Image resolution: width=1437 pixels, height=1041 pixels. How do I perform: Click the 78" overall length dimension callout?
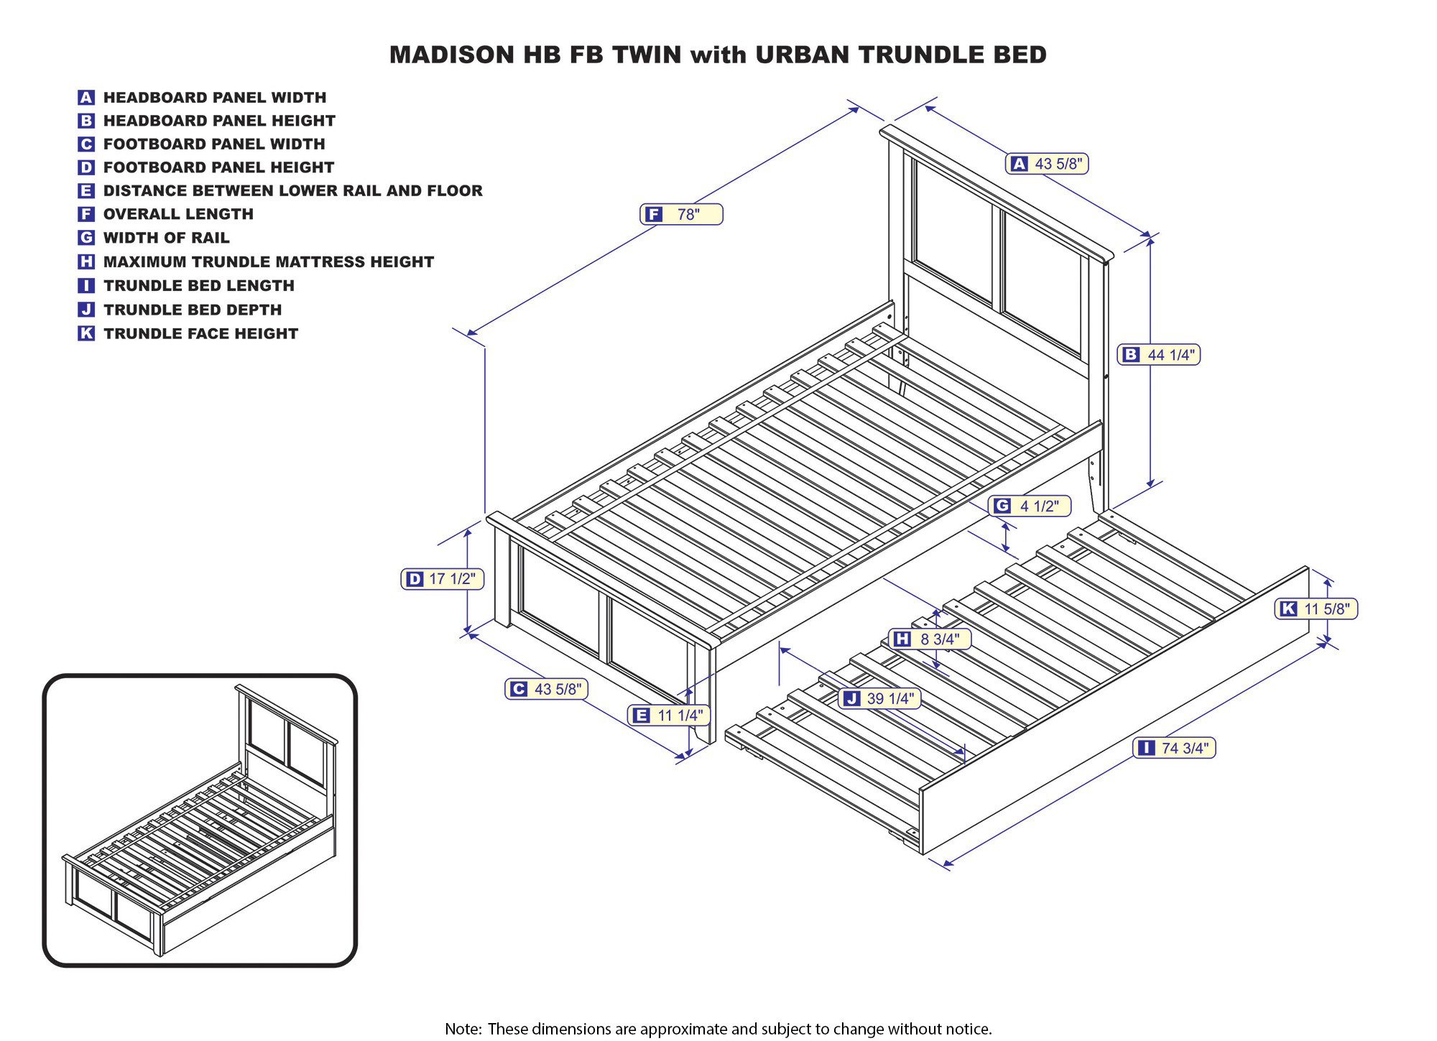pos(681,214)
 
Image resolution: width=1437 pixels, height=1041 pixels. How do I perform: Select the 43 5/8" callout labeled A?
pos(1046,164)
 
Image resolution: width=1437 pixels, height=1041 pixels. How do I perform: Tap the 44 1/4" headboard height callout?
pos(1159,354)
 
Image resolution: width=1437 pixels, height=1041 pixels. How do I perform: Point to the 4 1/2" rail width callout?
pos(1029,506)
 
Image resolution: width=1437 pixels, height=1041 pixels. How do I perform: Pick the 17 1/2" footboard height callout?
pos(442,579)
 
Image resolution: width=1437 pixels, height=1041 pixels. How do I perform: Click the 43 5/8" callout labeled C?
pos(546,689)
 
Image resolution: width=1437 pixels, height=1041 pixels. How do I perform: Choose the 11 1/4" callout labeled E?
pos(669,715)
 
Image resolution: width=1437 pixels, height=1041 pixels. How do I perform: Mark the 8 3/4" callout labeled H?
pos(930,639)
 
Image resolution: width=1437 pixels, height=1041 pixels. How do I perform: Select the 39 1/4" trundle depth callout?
pos(879,698)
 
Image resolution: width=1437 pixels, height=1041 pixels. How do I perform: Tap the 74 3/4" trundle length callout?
pos(1174,748)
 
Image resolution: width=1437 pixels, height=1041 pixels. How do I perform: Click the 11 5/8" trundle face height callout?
pos(1316,609)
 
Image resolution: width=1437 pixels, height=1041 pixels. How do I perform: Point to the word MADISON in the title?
pos(453,55)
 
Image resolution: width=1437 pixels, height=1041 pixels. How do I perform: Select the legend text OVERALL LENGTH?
pos(178,214)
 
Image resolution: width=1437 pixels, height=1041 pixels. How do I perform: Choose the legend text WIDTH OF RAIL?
pos(166,238)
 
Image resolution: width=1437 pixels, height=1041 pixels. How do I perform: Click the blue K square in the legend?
pos(86,333)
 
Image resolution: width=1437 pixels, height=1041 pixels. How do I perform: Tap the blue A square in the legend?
pos(86,98)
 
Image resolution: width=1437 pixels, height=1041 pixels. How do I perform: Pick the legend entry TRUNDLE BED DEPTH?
pos(193,310)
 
